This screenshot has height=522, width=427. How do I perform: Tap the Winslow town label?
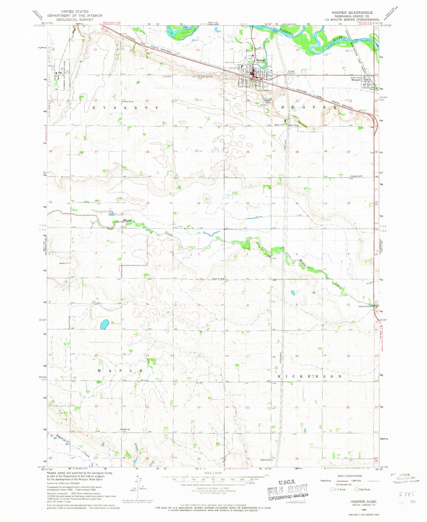pyautogui.click(x=356, y=80)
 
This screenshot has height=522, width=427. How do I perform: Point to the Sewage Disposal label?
pyautogui.click(x=291, y=72)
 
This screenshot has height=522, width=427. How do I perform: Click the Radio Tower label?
pyautogui.click(x=294, y=125)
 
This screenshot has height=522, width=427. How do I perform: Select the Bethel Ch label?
pyautogui.click(x=64, y=263)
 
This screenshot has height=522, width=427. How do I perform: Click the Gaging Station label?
pyautogui.click(x=365, y=306)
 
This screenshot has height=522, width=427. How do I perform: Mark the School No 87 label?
pyautogui.click(x=357, y=176)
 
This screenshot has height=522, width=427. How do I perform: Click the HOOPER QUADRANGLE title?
pyautogui.click(x=348, y=12)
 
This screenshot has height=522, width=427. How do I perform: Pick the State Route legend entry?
pyautogui.click(x=363, y=490)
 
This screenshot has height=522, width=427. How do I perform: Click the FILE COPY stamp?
pyautogui.click(x=288, y=490)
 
